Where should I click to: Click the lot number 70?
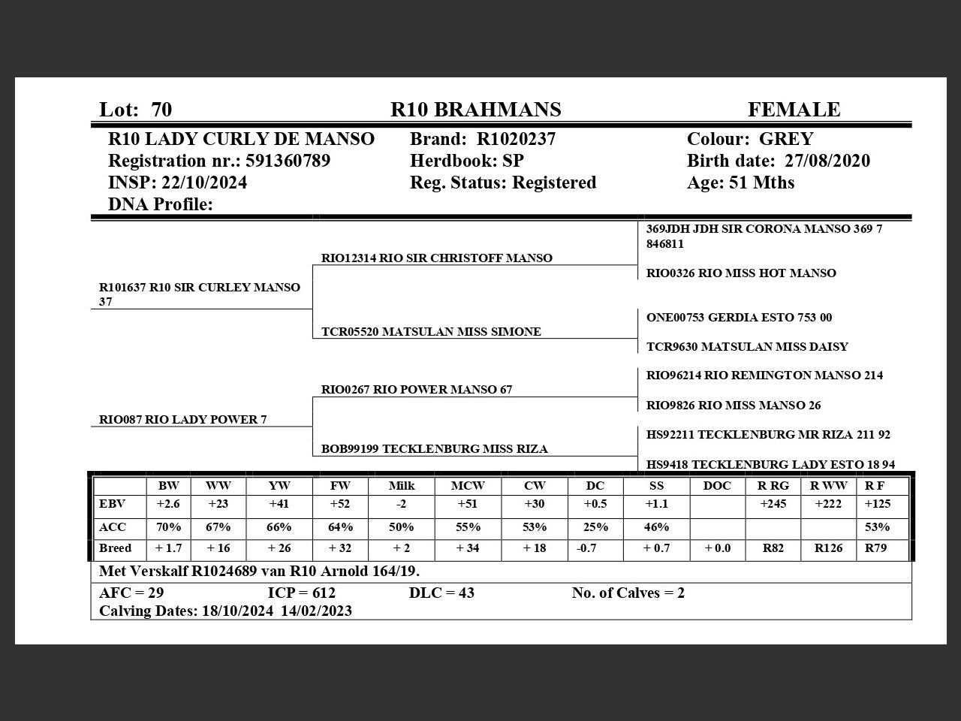click(161, 110)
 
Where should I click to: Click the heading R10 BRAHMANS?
click(475, 110)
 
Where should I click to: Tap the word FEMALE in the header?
click(794, 110)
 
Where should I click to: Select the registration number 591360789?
click(288, 161)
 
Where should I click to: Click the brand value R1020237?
click(517, 139)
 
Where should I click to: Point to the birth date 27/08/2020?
click(827, 161)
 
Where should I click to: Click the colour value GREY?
click(786, 139)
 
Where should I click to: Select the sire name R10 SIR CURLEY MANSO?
click(224, 287)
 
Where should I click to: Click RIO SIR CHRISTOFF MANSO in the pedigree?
click(465, 258)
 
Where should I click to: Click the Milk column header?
click(402, 485)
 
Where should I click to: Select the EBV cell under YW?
click(279, 504)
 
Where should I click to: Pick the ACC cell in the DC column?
click(595, 526)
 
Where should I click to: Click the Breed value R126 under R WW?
click(828, 548)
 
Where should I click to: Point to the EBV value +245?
click(773, 504)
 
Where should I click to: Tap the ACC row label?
click(113, 526)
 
